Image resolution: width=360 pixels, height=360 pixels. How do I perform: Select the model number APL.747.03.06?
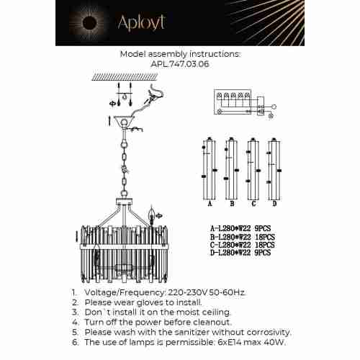180,63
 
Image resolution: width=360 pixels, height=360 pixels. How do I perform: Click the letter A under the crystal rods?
210,204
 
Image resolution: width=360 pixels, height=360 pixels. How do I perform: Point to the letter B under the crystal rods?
230,204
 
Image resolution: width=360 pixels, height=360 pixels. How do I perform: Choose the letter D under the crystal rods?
274,204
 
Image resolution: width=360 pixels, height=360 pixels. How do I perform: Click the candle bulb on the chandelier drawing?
151,214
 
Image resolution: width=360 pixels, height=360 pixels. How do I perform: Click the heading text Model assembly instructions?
180,53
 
